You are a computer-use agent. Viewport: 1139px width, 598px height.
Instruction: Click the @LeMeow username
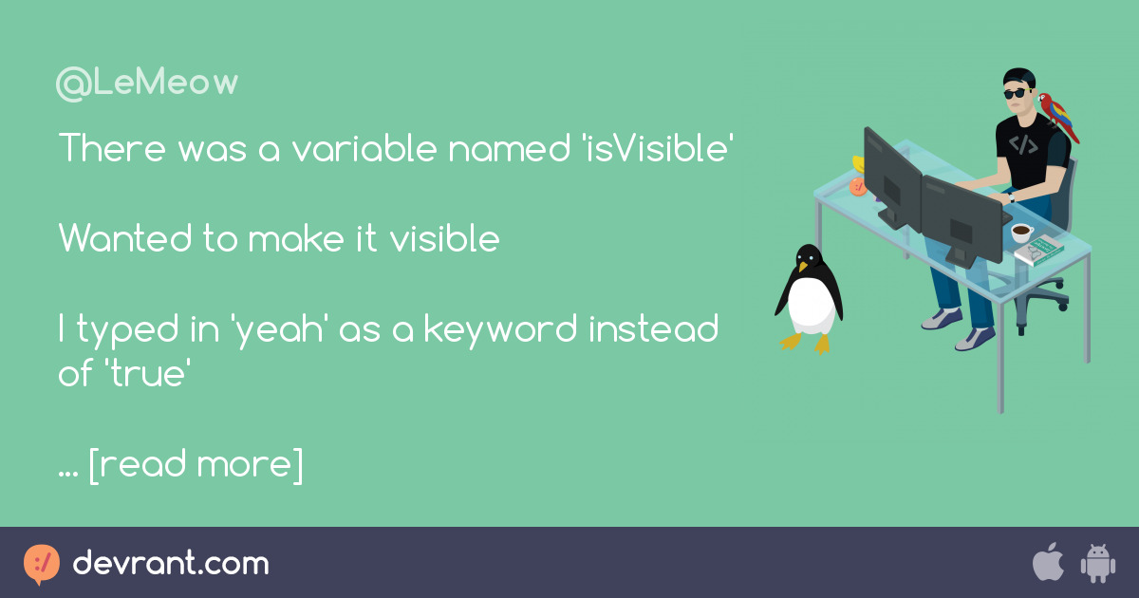(147, 84)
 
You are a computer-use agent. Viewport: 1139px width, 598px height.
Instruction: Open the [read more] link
(196, 465)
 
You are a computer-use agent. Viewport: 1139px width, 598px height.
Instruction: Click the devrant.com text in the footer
(171, 564)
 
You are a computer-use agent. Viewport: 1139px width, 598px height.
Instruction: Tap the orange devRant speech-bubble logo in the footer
(42, 564)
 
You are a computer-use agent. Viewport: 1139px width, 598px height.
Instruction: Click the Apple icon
(1047, 563)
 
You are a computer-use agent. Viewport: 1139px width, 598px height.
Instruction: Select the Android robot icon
(1097, 564)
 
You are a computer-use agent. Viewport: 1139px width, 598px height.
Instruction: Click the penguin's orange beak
(803, 267)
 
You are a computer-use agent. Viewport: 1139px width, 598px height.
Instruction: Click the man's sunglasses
(1017, 93)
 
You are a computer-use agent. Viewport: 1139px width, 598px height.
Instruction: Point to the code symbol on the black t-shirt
(1023, 145)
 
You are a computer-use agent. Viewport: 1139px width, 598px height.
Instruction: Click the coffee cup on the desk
(1021, 231)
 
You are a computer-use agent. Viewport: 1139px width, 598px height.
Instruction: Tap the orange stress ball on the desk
(858, 186)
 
